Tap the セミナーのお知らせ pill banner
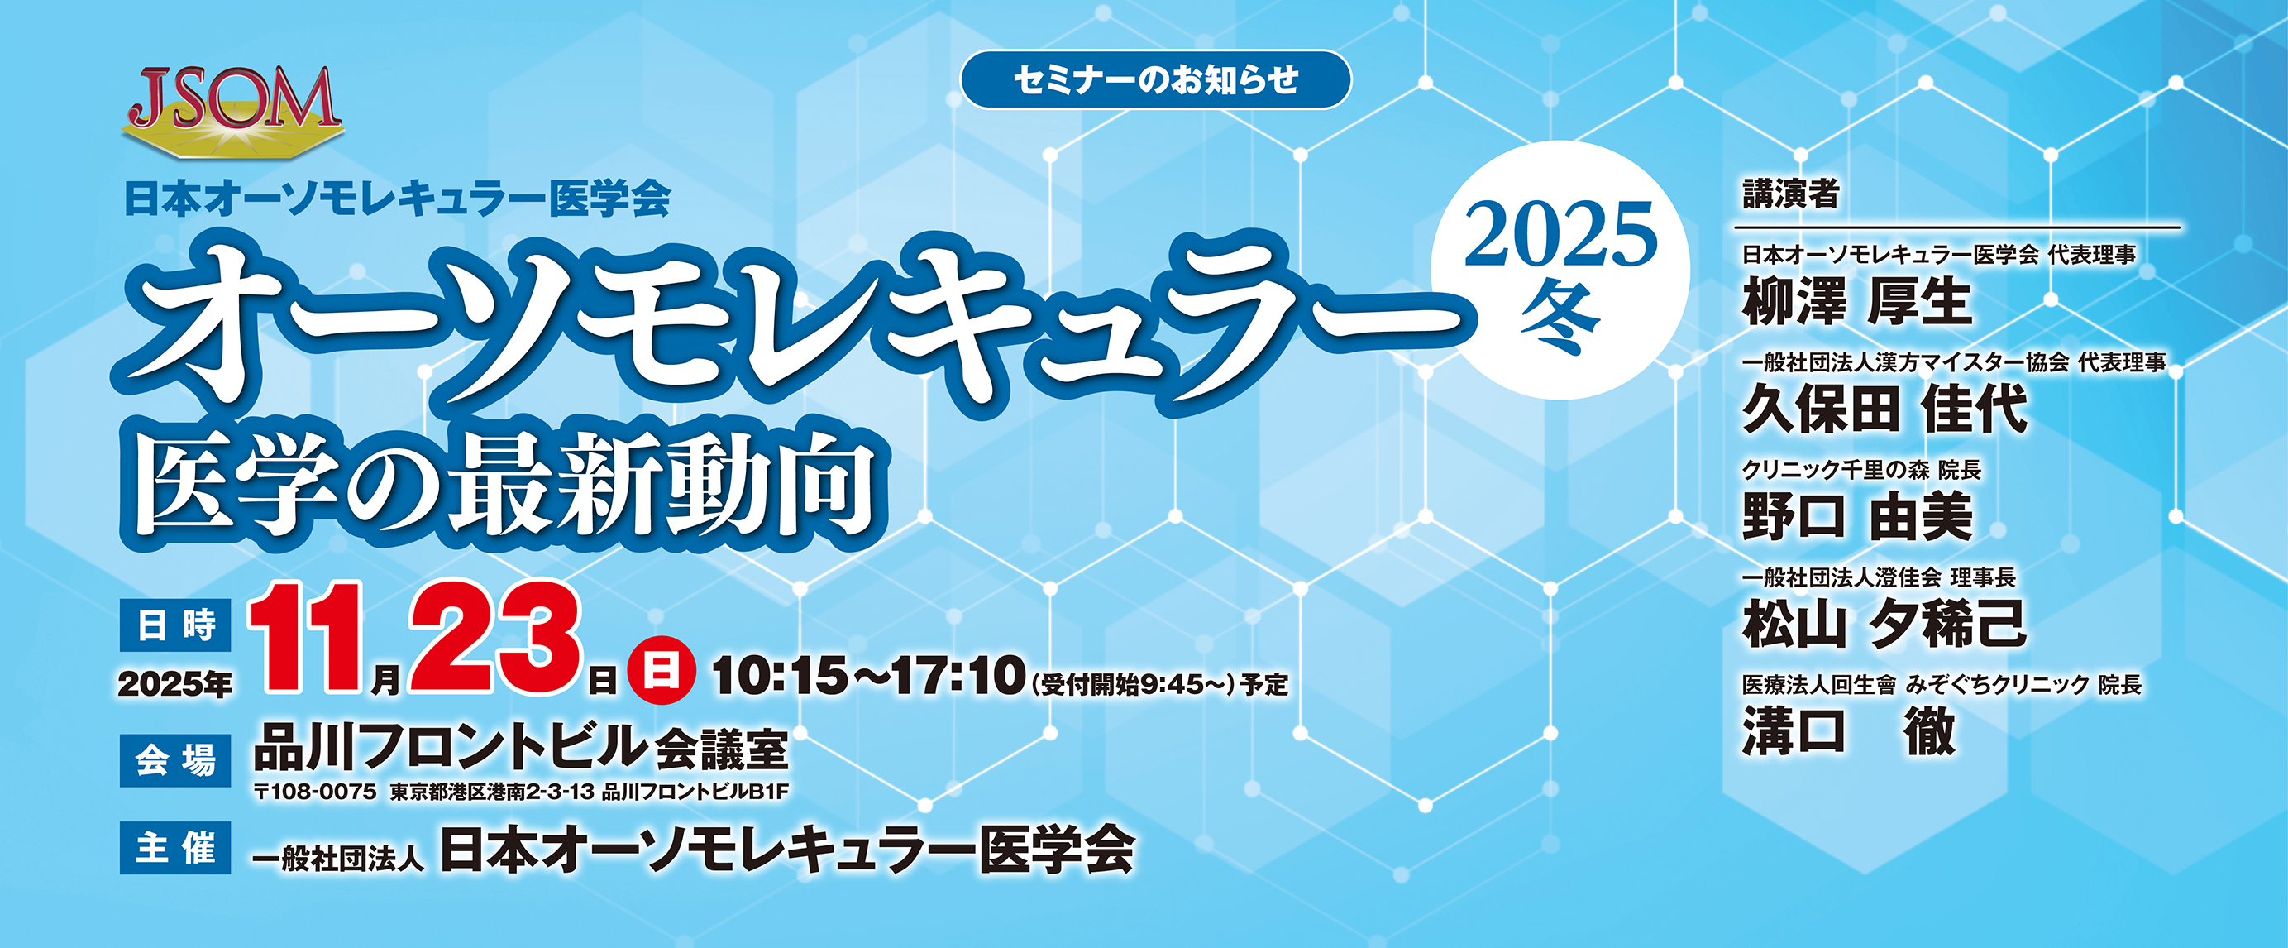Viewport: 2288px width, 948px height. point(1155,80)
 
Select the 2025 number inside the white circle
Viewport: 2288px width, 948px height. point(1560,235)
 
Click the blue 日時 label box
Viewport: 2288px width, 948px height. point(175,625)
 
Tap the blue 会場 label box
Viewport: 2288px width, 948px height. point(175,759)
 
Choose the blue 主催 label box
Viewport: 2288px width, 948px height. point(175,848)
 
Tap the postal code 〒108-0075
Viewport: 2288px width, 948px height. point(315,792)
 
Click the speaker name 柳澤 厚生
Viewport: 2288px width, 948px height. point(1856,302)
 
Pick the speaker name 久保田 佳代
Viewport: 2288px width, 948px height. point(1884,409)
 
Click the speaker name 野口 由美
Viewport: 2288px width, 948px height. point(1856,517)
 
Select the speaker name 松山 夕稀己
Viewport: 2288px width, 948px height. point(1884,624)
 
